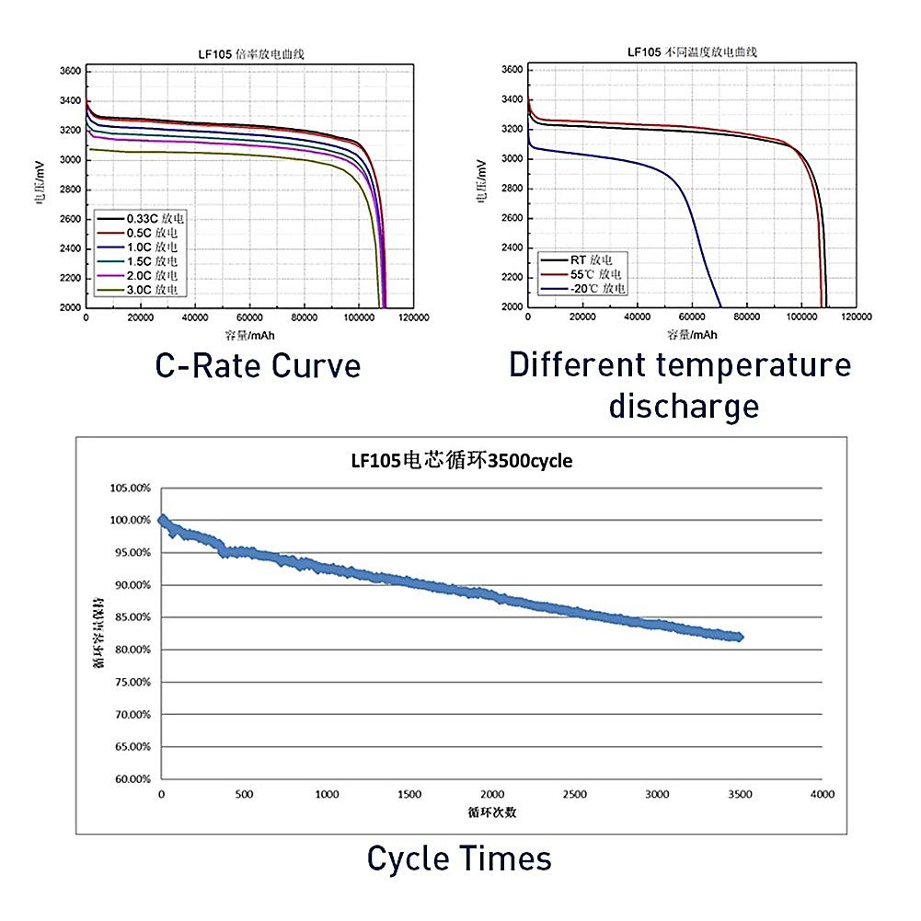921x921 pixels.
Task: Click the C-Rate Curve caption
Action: coord(258,365)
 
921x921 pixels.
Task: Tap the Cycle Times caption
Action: coord(459,858)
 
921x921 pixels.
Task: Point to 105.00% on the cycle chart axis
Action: coord(129,488)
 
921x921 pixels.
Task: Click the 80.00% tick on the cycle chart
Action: coord(129,650)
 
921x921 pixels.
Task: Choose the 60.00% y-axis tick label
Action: coord(129,779)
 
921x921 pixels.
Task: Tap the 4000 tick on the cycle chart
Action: coord(822,794)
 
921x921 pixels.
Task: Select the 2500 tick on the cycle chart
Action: coord(574,794)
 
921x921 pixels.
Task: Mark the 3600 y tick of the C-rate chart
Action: coord(70,71)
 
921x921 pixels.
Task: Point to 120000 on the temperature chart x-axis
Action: coord(858,317)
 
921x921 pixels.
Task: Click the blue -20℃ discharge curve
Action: coord(685,212)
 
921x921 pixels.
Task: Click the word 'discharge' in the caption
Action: coord(684,405)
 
